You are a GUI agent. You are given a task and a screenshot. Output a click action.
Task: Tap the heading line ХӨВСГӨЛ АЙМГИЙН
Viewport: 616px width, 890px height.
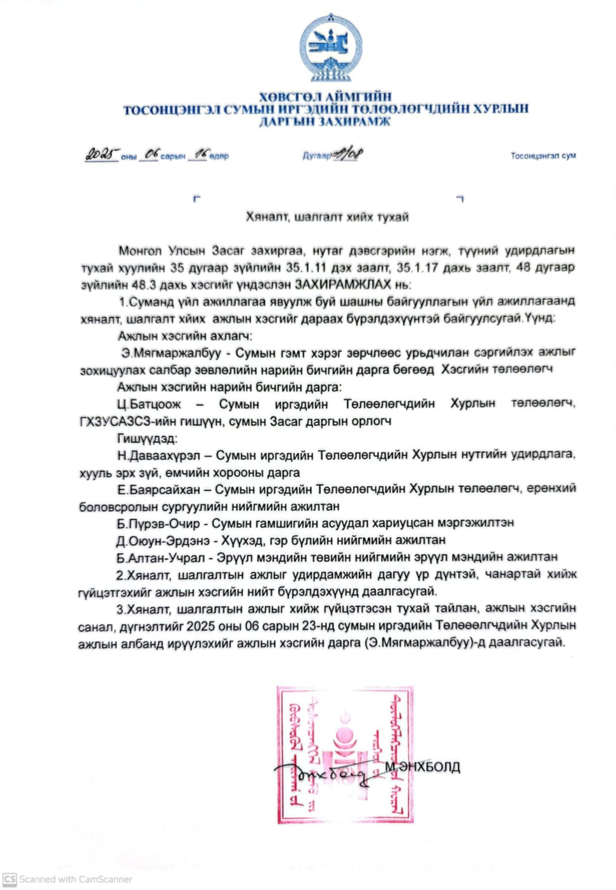click(325, 96)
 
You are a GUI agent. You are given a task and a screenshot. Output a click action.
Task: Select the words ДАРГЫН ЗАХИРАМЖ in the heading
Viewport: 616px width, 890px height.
click(325, 121)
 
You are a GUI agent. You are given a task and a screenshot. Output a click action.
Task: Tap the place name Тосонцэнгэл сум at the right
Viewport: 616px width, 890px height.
click(543, 156)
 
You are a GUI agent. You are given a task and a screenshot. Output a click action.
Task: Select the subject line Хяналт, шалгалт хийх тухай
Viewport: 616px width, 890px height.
click(327, 216)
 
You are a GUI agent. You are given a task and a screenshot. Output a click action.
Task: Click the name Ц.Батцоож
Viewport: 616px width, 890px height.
click(149, 404)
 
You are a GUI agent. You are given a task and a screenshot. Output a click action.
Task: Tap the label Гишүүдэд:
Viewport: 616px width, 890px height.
click(147, 438)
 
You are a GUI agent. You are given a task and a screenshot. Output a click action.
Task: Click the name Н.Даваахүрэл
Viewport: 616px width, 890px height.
click(159, 455)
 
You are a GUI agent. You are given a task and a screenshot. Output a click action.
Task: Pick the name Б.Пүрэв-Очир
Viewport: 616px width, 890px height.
click(158, 523)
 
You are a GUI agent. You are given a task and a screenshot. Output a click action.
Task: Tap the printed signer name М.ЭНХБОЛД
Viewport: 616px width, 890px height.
click(422, 767)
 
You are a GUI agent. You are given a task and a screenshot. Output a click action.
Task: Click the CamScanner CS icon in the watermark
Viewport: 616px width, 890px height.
click(10, 879)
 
